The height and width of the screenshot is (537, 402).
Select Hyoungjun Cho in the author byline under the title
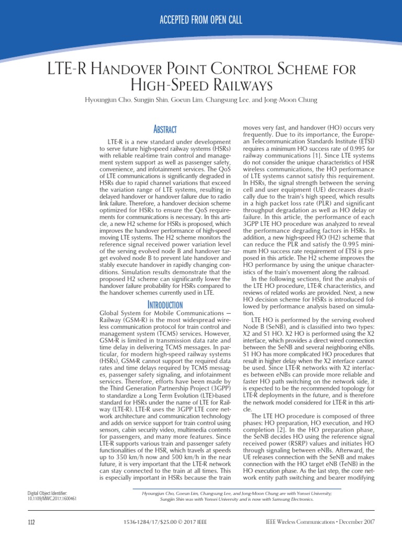[x=117, y=101]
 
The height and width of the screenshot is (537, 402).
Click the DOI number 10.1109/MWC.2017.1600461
[x=52, y=499]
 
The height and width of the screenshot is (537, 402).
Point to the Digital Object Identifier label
[x=47, y=493]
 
